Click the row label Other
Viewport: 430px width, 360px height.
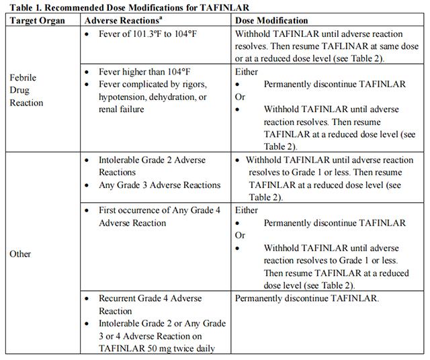pyautogui.click(x=20, y=255)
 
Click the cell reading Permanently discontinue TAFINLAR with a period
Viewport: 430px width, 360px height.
pyautogui.click(x=307, y=299)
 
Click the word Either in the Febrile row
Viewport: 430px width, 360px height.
pyautogui.click(x=247, y=71)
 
